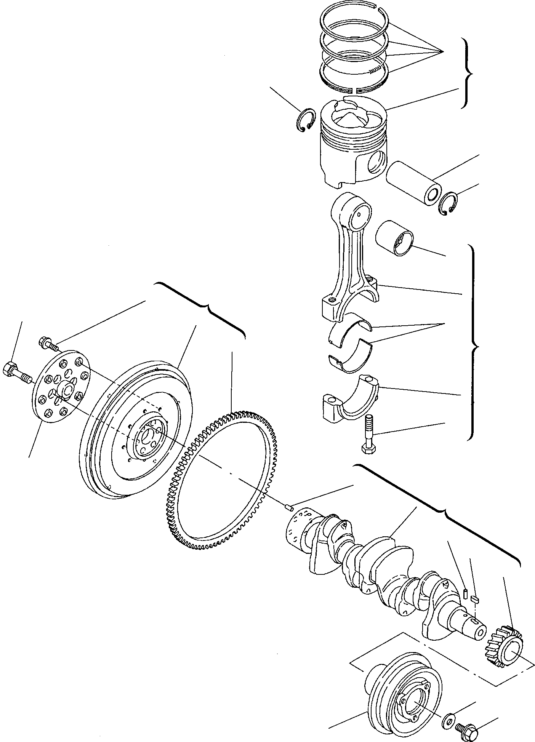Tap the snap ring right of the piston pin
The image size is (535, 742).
click(x=448, y=204)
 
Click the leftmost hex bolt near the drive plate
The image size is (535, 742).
click(x=15, y=371)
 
